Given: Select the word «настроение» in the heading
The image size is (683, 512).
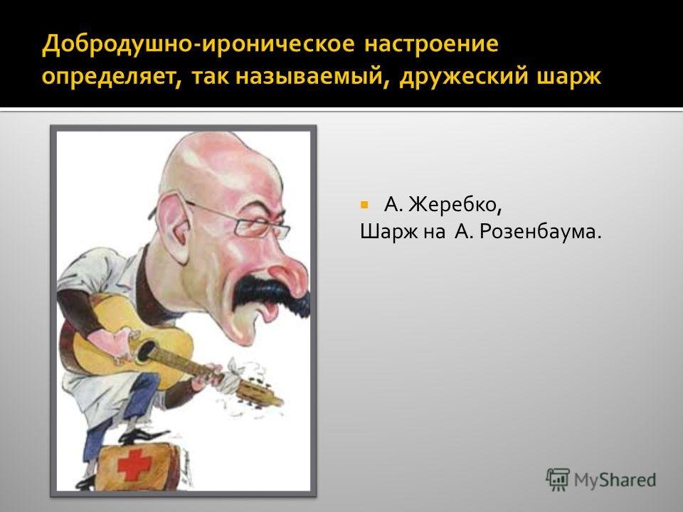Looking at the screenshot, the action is [x=431, y=44].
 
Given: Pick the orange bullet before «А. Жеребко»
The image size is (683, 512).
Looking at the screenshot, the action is [x=364, y=204].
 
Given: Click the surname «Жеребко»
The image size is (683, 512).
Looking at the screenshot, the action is [x=455, y=205].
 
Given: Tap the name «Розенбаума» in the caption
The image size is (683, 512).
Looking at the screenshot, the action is [x=541, y=232].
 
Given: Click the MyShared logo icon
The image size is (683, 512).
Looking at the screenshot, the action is [x=558, y=480].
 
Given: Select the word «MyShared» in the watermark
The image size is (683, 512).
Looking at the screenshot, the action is [x=615, y=480].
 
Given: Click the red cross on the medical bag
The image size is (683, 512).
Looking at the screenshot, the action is [x=134, y=464].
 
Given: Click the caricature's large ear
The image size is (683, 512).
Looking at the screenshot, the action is [x=175, y=228].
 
